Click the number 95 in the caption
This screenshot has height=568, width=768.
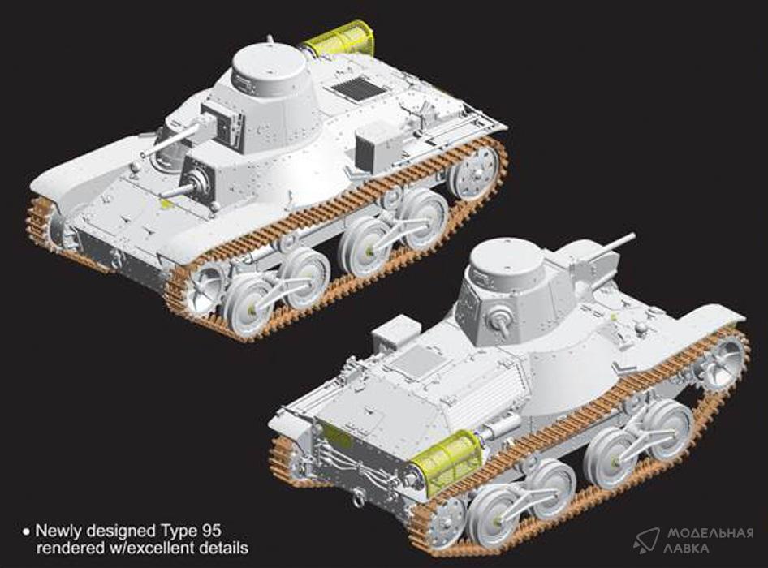click(211, 531)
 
